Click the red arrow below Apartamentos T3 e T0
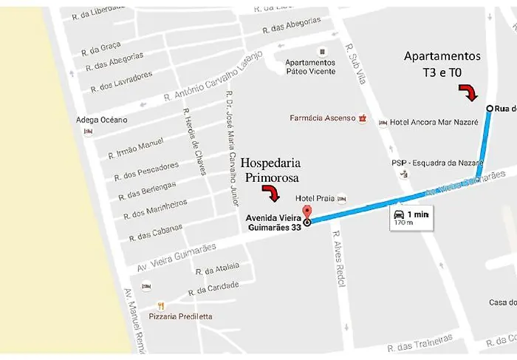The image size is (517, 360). [468, 92]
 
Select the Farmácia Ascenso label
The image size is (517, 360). [322, 118]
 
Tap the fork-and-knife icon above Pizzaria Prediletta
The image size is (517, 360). [161, 305]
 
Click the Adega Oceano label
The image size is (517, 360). [102, 120]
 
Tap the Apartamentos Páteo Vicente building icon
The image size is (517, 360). [321, 51]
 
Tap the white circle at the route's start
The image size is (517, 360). [490, 109]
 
